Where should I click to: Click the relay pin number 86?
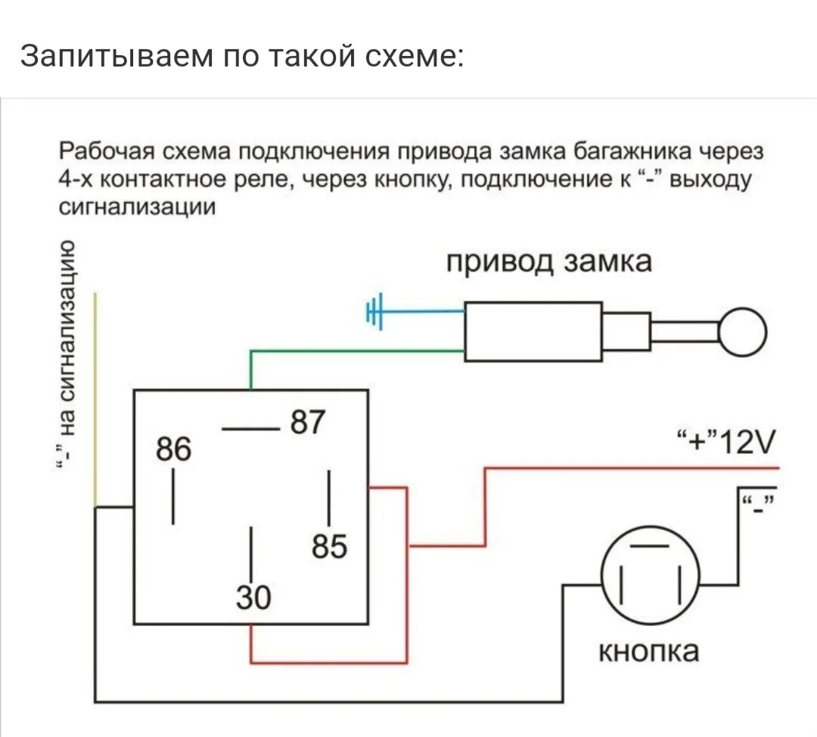coord(174,449)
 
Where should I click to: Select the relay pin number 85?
coord(328,546)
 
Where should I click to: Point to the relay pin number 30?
coord(252,599)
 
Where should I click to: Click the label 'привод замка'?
coord(548,262)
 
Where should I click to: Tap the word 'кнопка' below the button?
coord(648,651)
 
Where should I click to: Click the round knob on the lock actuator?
coord(742,332)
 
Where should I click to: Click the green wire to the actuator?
coord(356,350)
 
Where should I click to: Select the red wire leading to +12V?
coord(628,469)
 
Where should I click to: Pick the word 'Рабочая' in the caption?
coord(105,151)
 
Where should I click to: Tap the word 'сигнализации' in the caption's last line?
coord(137,208)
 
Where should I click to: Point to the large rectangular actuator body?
coord(533,331)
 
